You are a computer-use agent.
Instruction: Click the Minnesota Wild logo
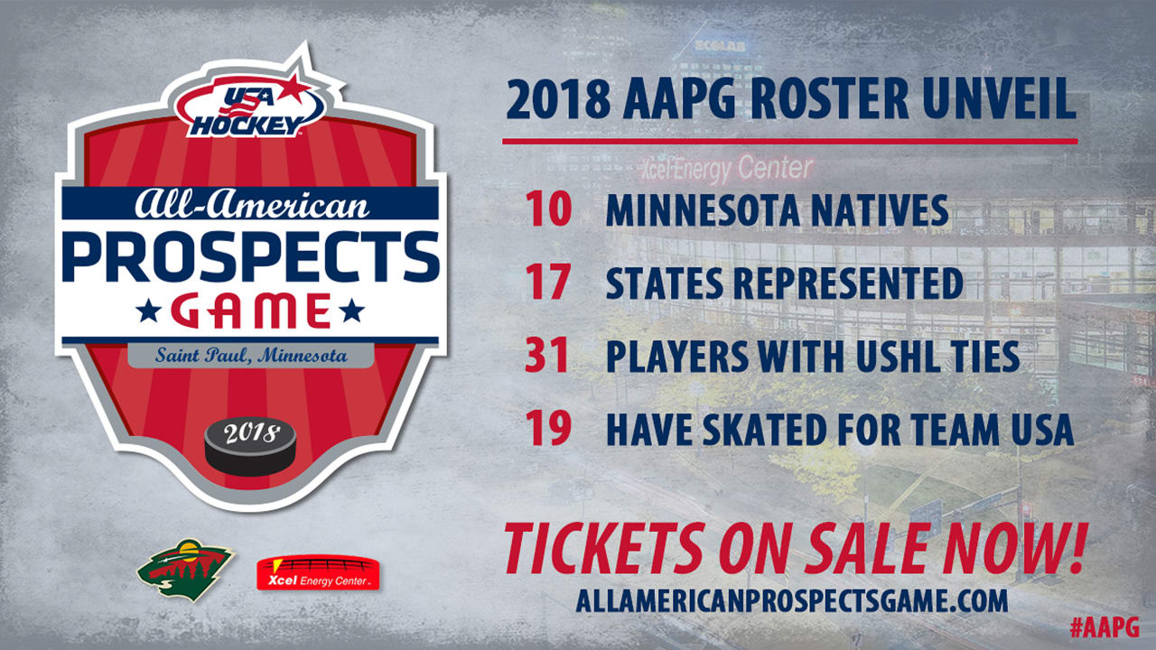(185, 569)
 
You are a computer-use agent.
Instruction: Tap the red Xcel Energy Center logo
(318, 572)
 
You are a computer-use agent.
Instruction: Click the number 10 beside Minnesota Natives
(547, 210)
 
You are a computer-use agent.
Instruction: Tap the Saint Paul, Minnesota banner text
(250, 356)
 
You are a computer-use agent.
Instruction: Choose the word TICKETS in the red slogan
(601, 550)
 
